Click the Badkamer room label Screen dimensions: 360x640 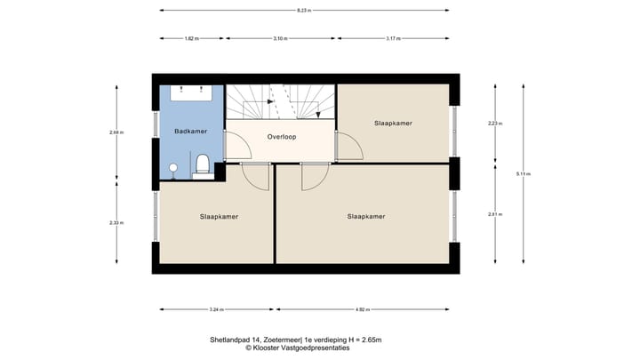click(x=191, y=131)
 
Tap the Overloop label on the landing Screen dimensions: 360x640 click(x=281, y=138)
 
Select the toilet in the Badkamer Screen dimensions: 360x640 click(x=203, y=164)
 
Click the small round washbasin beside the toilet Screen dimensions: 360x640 click(x=173, y=167)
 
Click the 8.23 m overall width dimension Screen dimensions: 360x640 click(x=303, y=10)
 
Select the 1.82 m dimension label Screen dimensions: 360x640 click(x=191, y=39)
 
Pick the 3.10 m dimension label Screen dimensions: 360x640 click(x=280, y=39)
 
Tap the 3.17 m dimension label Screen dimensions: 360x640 click(x=393, y=39)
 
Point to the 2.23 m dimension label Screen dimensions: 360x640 click(x=493, y=123)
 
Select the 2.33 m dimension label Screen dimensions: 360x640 click(x=116, y=222)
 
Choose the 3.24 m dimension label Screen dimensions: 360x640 click(x=216, y=309)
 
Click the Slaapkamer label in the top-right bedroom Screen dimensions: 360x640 click(x=393, y=123)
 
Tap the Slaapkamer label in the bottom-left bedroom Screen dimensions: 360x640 click(x=219, y=216)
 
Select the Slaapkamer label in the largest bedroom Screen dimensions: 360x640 click(x=365, y=216)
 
